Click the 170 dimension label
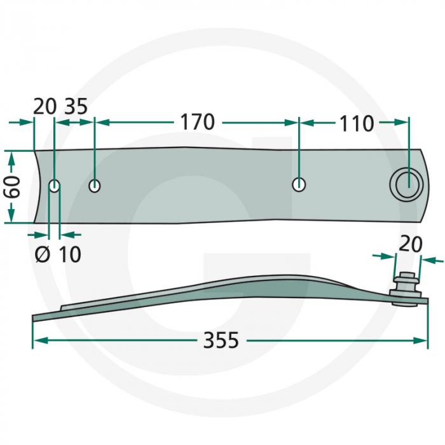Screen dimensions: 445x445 198,122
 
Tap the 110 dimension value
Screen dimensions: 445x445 357,124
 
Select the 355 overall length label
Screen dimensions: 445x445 221,340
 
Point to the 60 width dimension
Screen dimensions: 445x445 12,186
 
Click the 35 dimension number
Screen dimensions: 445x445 76,107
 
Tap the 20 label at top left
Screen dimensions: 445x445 44,107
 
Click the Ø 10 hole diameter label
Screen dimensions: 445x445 58,254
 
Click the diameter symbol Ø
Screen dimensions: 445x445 43,254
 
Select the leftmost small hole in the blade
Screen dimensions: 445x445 54,186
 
